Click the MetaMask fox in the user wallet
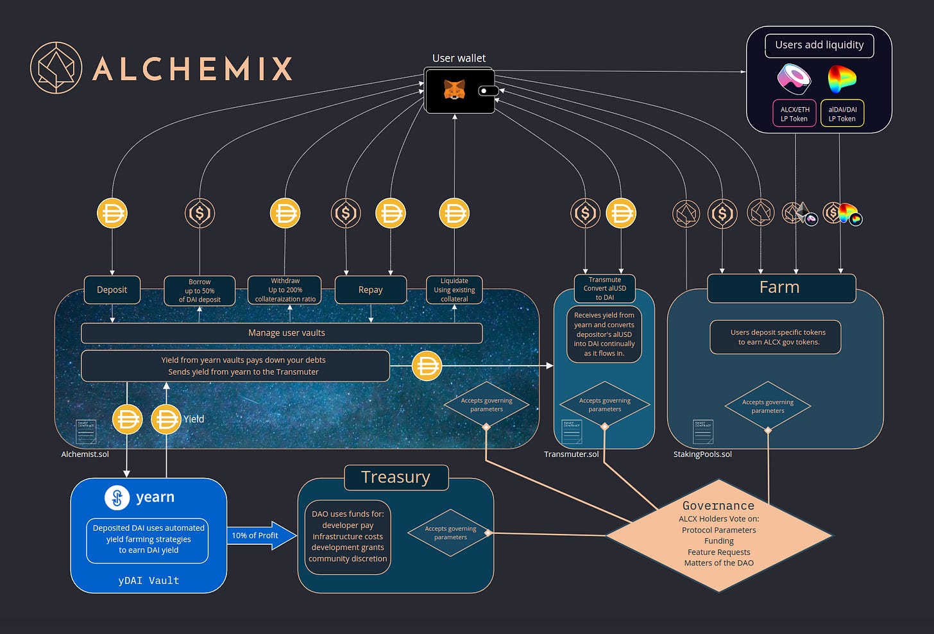[x=454, y=90]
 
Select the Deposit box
[x=112, y=290]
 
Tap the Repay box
[x=370, y=290]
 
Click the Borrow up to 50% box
[x=200, y=291]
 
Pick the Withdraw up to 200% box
[x=285, y=290]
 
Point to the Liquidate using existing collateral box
[x=454, y=290]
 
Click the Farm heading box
[x=781, y=287]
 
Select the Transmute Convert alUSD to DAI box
[x=604, y=289]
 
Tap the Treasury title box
[x=396, y=477]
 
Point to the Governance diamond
[x=718, y=535]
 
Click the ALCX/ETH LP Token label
[x=794, y=114]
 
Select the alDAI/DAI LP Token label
[x=842, y=114]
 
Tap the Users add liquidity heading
[x=819, y=45]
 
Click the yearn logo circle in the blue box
[x=117, y=497]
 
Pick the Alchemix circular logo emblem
[x=56, y=68]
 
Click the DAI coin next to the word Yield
[x=166, y=420]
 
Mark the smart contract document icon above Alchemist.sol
[x=86, y=432]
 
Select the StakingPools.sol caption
[x=702, y=454]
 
